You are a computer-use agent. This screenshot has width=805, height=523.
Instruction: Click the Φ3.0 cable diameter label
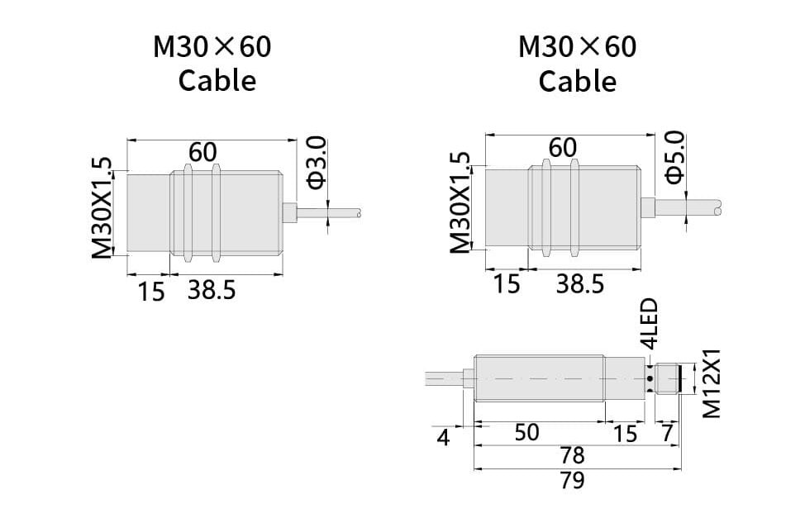click(x=317, y=163)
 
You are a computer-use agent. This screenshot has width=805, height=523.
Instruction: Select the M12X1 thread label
click(x=712, y=383)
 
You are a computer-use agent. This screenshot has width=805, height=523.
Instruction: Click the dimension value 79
click(x=572, y=480)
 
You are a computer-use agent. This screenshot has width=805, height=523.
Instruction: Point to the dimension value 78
click(x=572, y=455)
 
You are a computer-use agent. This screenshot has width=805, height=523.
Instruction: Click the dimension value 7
click(x=666, y=433)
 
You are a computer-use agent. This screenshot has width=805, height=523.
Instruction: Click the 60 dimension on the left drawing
click(x=202, y=152)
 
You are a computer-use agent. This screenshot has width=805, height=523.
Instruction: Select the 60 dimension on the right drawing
click(x=562, y=147)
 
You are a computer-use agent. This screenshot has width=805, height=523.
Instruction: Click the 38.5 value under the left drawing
click(x=212, y=290)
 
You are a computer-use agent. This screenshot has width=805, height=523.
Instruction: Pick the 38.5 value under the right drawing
click(x=579, y=284)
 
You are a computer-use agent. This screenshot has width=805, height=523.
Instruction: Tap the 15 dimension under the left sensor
click(x=152, y=291)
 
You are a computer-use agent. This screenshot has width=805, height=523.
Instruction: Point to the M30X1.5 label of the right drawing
click(x=460, y=203)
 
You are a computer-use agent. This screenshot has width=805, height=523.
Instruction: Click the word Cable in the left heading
click(x=217, y=81)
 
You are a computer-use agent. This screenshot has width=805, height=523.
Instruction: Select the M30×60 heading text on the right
click(x=577, y=47)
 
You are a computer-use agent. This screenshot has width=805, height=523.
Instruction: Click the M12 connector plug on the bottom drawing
click(x=669, y=382)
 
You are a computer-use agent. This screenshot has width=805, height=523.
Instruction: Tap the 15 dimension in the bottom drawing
click(x=626, y=433)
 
